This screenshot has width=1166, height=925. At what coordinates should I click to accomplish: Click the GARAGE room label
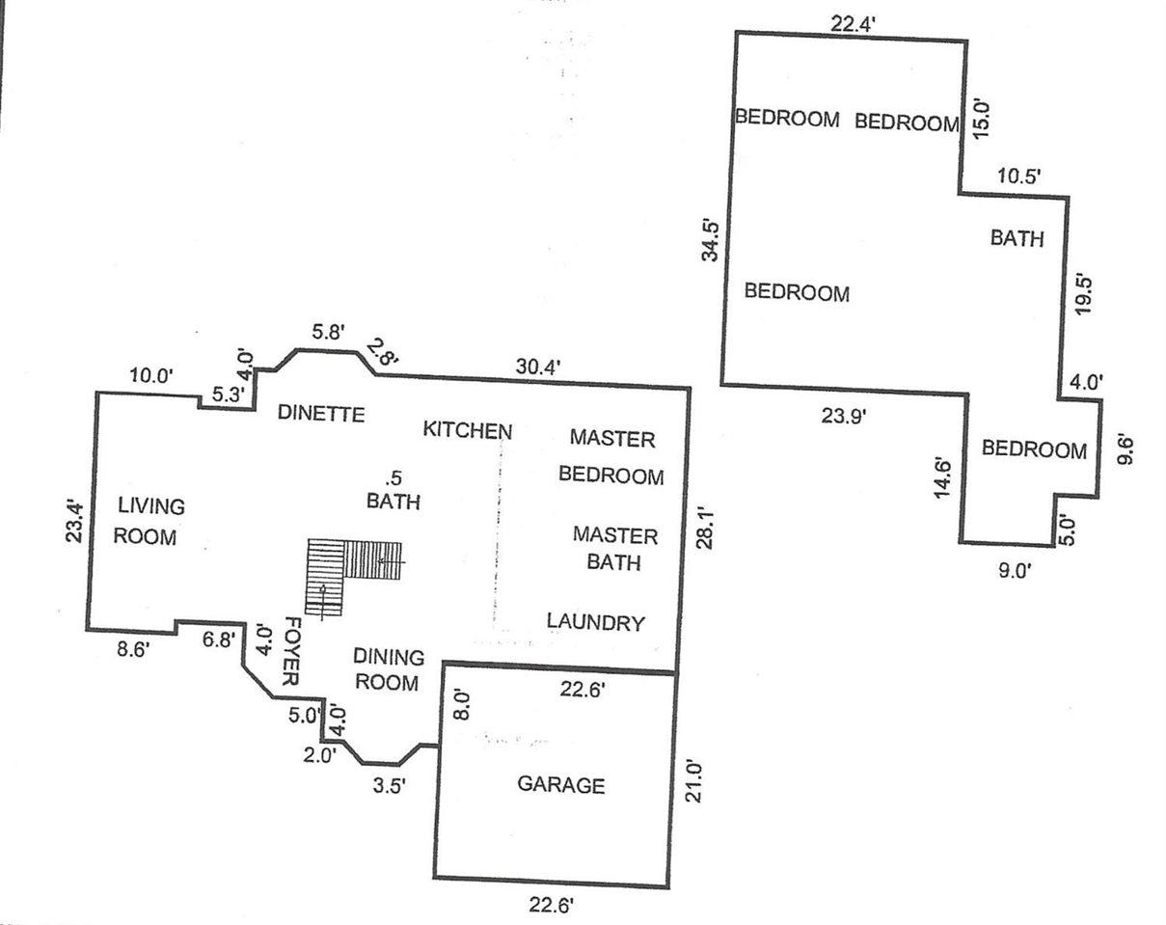click(x=561, y=785)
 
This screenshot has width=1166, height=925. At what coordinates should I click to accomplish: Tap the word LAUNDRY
click(x=595, y=622)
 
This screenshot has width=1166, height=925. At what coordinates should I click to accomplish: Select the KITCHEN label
click(x=468, y=430)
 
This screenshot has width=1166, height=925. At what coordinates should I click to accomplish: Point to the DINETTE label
click(x=321, y=414)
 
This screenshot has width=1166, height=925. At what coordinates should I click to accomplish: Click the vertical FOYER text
click(x=287, y=650)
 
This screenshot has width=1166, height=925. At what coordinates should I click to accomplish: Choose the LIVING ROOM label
click(x=148, y=521)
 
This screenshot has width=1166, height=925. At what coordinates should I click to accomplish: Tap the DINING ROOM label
click(x=388, y=669)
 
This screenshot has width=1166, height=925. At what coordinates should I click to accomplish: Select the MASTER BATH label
click(x=614, y=548)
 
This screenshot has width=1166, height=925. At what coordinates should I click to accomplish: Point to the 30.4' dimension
click(x=539, y=366)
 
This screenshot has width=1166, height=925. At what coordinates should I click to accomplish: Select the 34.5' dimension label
click(x=711, y=240)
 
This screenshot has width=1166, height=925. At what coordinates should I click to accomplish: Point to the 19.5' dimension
click(x=1085, y=292)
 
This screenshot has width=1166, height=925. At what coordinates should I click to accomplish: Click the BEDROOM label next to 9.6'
click(x=1034, y=449)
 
